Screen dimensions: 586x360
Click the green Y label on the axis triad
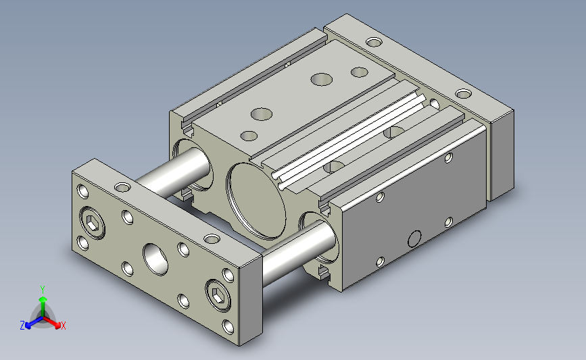point(43,290)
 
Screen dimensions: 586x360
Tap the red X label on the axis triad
point(63,326)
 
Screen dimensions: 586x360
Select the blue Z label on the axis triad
point(22,326)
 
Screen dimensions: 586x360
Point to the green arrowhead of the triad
point(43,300)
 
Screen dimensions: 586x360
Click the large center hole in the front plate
point(155,259)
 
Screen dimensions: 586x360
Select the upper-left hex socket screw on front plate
point(93,223)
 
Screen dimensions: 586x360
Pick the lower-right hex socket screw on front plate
point(218,295)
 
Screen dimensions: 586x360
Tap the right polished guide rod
point(298,252)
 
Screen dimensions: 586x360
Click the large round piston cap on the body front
point(256,201)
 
